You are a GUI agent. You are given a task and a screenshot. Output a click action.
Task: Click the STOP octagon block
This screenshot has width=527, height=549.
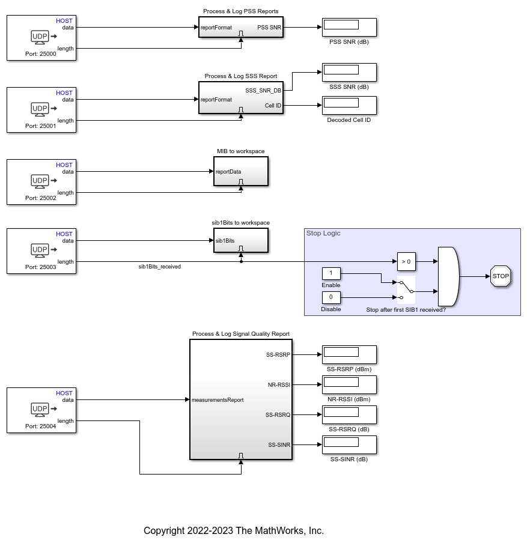coord(501,276)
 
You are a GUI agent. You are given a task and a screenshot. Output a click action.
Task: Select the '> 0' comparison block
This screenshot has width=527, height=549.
coord(406,261)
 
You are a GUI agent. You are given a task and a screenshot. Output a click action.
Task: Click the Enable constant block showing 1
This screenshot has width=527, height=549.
coord(331,273)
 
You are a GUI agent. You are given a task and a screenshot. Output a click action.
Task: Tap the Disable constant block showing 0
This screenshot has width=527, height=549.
coord(331,297)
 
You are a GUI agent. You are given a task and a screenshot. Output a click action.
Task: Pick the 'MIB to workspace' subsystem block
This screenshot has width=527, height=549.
coord(240,172)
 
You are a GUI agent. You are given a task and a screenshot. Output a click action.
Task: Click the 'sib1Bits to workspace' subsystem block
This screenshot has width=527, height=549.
coord(240,241)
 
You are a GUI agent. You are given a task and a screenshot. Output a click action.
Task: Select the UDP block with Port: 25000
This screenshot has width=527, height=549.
coord(41,38)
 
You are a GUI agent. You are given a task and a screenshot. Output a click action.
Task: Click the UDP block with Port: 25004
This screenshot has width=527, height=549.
coord(41,410)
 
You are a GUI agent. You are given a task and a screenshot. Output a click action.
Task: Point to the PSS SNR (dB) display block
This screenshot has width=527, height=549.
coord(349,27)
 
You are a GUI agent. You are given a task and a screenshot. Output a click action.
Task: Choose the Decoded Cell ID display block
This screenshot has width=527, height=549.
coord(349,105)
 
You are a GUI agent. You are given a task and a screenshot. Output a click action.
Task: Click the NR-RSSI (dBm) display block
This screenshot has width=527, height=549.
coord(349,384)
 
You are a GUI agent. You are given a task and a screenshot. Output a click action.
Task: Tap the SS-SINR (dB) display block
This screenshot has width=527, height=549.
coord(349,444)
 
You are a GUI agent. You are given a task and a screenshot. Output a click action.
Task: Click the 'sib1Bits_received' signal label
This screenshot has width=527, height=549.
coord(160,266)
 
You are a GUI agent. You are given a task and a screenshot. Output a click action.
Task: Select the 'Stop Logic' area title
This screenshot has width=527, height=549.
coord(323,233)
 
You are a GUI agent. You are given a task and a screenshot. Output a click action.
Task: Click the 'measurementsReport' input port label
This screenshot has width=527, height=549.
coord(218,399)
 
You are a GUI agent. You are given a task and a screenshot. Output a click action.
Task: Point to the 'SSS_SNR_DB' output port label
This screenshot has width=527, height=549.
coord(263,91)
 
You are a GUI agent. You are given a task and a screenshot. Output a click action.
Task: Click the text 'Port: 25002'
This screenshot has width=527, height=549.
coord(41,198)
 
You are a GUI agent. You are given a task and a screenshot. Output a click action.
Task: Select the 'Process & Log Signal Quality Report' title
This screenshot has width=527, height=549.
coord(240,333)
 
